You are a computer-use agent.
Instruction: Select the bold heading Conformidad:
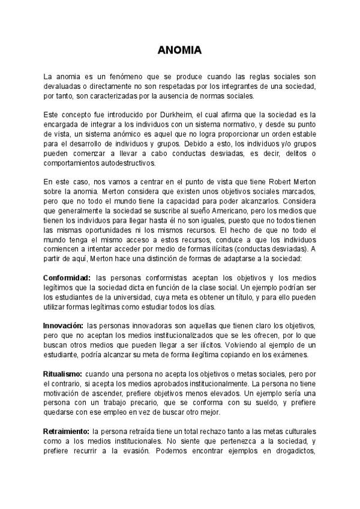pos(67,278)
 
